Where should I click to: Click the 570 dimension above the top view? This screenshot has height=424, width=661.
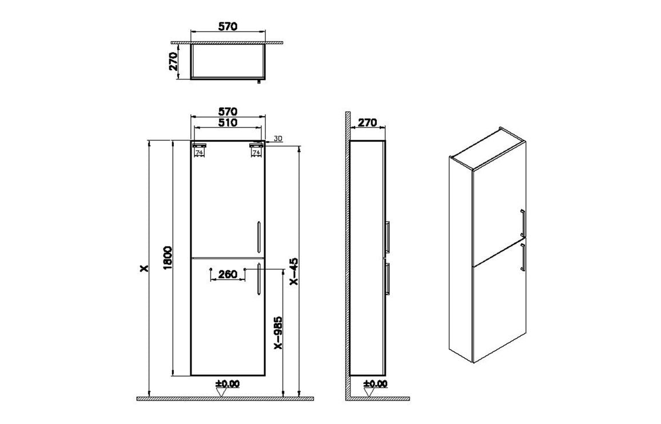point(228,26)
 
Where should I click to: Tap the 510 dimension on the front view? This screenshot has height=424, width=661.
point(228,123)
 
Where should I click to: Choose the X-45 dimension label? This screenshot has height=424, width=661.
point(294,271)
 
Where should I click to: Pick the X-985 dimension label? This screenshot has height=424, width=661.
point(278,333)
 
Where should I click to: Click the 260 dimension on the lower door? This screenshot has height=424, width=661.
point(228,274)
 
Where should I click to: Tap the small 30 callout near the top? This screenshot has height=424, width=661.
point(278,138)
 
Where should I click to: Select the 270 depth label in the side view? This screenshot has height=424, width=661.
point(367,123)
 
